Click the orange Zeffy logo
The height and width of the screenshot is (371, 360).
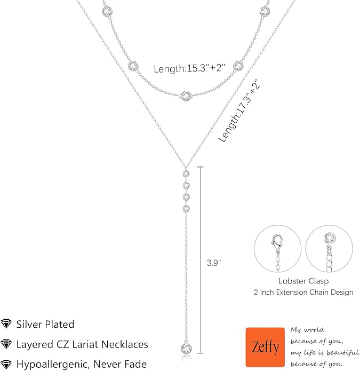click(x=265, y=347)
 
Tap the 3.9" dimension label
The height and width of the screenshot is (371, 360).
click(x=214, y=263)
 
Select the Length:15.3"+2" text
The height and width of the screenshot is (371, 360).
click(x=189, y=68)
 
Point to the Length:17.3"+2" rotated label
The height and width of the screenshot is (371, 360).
click(x=239, y=110)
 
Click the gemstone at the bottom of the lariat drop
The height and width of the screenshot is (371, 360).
click(x=186, y=349)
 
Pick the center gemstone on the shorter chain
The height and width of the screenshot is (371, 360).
click(x=186, y=96)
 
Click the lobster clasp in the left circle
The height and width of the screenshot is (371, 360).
click(x=277, y=244)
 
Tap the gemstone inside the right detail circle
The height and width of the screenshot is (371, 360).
click(x=330, y=238)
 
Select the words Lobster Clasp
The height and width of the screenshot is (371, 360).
click(x=303, y=281)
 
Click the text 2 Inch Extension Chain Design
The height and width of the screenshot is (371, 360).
click(x=303, y=292)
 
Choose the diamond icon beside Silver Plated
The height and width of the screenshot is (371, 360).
click(x=6, y=324)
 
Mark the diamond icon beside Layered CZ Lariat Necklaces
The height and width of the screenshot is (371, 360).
click(x=6, y=344)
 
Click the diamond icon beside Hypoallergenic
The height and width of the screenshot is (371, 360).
click(x=6, y=364)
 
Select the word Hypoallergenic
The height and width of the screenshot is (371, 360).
click(x=53, y=365)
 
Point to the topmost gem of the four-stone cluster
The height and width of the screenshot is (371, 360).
click(x=186, y=173)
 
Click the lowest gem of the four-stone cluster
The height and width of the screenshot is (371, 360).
click(x=186, y=208)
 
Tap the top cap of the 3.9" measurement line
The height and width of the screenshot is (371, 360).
click(x=200, y=167)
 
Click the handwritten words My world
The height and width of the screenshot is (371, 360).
click(x=308, y=330)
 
